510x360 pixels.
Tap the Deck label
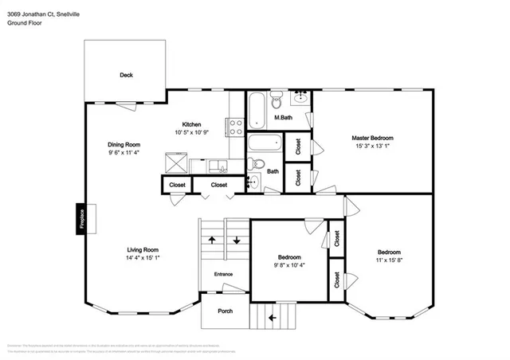[x=126, y=76]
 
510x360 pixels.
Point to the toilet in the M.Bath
[x=277, y=100]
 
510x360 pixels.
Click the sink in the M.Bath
[x=300, y=99]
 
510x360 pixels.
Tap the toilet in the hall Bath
[x=255, y=165]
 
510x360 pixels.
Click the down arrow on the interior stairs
[x=237, y=240]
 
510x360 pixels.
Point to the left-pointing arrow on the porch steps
[x=272, y=318]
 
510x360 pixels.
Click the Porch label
[x=226, y=311]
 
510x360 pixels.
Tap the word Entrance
[x=224, y=275]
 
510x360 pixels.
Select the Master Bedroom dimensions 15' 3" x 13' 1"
[x=373, y=146]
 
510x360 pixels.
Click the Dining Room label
[x=124, y=144]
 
